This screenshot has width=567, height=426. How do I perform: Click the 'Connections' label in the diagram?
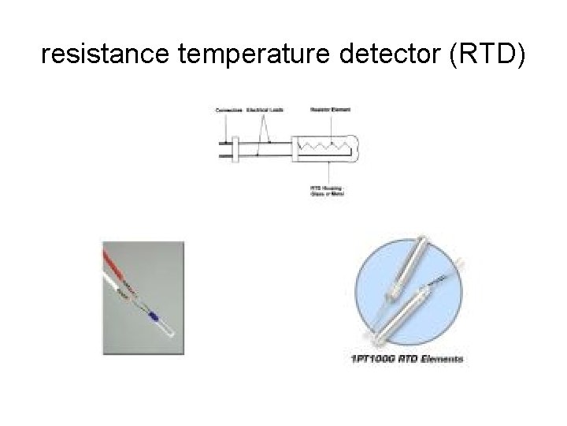[228, 110]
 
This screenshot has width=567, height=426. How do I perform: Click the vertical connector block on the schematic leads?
[234, 149]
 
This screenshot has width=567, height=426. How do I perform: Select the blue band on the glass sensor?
[154, 316]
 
